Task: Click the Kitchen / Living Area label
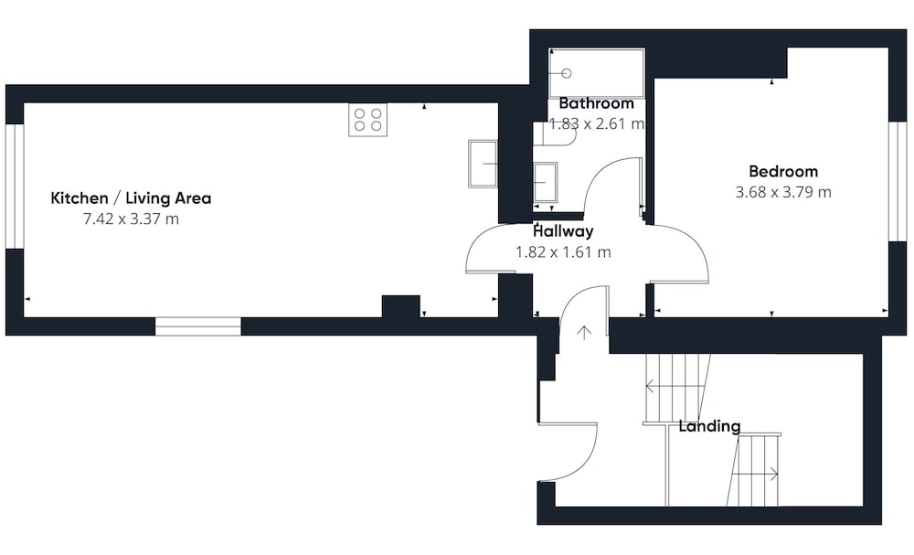(x=131, y=198)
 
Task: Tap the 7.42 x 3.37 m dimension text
(x=131, y=219)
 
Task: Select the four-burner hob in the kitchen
(x=367, y=120)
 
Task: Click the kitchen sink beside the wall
(x=483, y=164)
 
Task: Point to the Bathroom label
(x=596, y=103)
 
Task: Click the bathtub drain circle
(x=566, y=73)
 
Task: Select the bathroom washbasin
(x=545, y=183)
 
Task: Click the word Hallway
(x=563, y=231)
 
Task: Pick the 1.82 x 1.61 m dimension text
(x=563, y=251)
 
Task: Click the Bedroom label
(x=783, y=171)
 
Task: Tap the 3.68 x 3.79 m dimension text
(x=783, y=192)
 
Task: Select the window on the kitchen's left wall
(x=15, y=186)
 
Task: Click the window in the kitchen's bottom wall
(x=198, y=326)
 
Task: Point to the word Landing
(x=709, y=426)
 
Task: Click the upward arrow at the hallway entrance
(x=584, y=332)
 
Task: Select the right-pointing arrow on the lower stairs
(x=755, y=475)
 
